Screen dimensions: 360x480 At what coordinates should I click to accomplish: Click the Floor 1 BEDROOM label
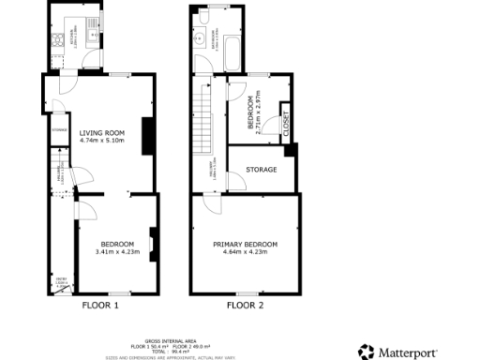(x=113, y=245)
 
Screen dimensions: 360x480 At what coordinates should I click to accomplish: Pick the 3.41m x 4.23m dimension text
(x=113, y=252)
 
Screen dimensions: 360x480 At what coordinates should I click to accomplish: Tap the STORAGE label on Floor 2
(x=261, y=170)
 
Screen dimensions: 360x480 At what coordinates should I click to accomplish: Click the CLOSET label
(x=285, y=123)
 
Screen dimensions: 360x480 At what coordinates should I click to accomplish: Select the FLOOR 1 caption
(x=100, y=305)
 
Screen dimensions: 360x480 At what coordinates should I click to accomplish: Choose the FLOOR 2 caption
(x=246, y=305)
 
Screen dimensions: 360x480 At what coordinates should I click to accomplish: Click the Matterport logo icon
(x=366, y=352)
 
